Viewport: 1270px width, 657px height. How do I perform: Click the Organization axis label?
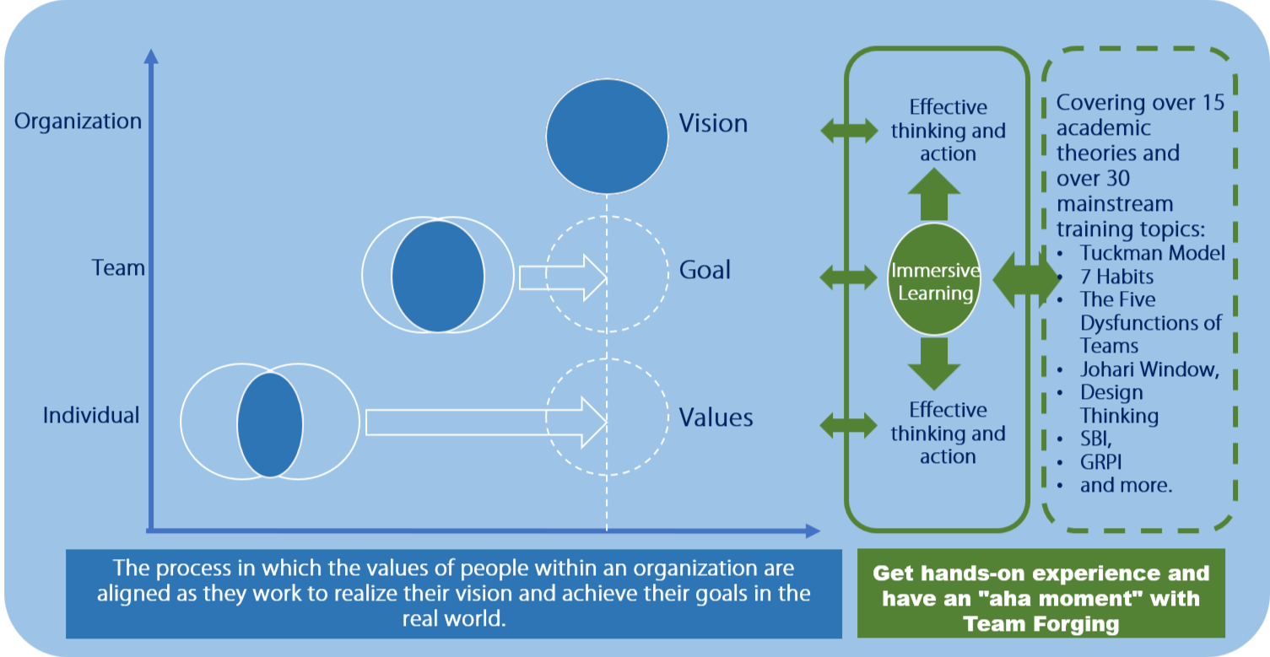point(78,121)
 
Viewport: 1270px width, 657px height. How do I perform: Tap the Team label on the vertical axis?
point(118,269)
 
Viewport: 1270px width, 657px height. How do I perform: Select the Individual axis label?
point(91,416)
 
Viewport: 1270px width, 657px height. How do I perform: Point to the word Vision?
point(713,124)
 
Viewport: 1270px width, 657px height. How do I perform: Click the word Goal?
point(705,271)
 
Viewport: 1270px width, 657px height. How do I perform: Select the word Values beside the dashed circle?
point(716,417)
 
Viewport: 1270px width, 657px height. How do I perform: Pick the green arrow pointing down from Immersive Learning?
point(935,363)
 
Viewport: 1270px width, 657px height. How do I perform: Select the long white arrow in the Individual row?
point(486,421)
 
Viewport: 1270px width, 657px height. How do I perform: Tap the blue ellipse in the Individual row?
point(270,424)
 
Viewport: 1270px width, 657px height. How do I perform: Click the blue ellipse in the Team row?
point(438,276)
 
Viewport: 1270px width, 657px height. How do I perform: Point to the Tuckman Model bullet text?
point(1152,253)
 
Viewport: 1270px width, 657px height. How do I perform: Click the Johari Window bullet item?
point(1149,369)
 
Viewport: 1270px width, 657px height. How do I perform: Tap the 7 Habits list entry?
point(1116,277)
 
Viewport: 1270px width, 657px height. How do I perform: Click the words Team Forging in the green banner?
point(1040,624)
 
